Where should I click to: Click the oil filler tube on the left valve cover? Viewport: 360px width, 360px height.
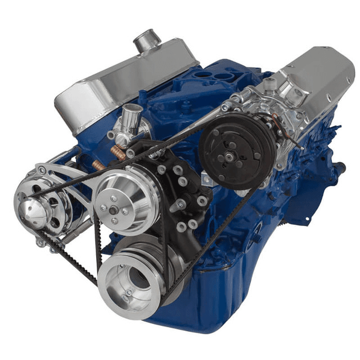pyautogui.click(x=147, y=40)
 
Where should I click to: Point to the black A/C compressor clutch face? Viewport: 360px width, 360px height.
pyautogui.click(x=236, y=149)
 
